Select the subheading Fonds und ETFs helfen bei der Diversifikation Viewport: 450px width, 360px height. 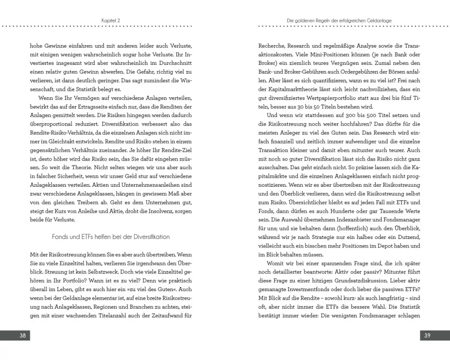[111, 236]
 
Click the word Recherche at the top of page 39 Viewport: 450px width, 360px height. [272, 45]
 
